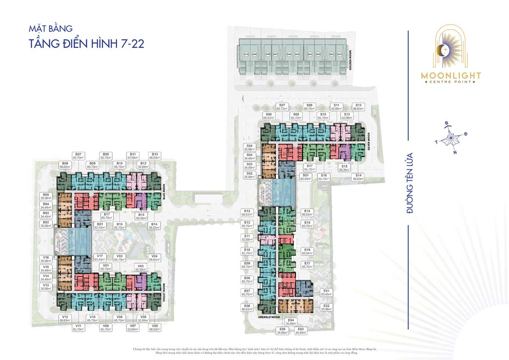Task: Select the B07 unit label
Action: [x=78, y=156]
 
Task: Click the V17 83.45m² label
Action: [x=100, y=258]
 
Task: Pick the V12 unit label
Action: [x=65, y=319]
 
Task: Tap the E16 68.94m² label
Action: [x=308, y=252]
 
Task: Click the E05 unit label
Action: [x=282, y=331]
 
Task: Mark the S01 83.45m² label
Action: [x=305, y=177]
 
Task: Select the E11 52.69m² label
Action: [x=247, y=238]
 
